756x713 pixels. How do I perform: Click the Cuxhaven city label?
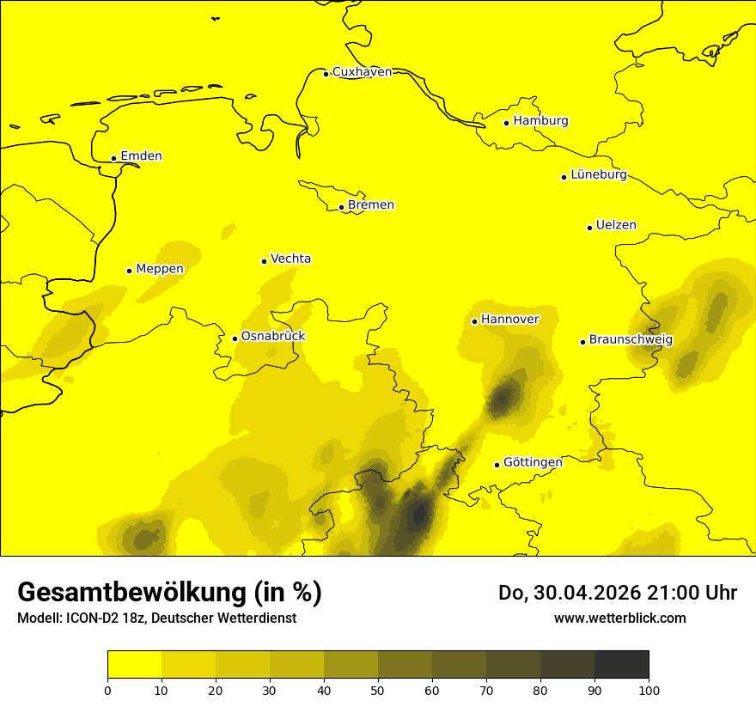tap(362, 72)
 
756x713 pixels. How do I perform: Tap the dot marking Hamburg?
tap(507, 123)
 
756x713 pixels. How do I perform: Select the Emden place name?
tap(141, 156)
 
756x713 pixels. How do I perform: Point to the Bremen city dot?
tap(341, 207)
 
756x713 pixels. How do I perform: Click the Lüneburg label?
tap(598, 175)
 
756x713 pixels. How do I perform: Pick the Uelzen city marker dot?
tap(589, 228)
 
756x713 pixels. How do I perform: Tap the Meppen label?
tap(160, 269)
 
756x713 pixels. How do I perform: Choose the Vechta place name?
tap(290, 259)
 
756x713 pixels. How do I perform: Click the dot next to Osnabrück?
tap(235, 338)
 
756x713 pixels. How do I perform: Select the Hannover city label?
tap(509, 320)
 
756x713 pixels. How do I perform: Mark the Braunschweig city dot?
tap(582, 342)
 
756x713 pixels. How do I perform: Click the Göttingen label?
tap(533, 463)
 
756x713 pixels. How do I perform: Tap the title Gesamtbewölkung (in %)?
tap(169, 593)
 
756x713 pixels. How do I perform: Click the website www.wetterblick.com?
tap(619, 619)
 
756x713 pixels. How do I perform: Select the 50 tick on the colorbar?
tap(378, 690)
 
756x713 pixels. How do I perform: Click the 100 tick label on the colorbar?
tap(649, 690)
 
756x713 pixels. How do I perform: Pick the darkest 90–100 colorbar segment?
tap(621, 665)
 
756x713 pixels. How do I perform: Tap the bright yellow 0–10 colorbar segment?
tap(134, 665)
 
